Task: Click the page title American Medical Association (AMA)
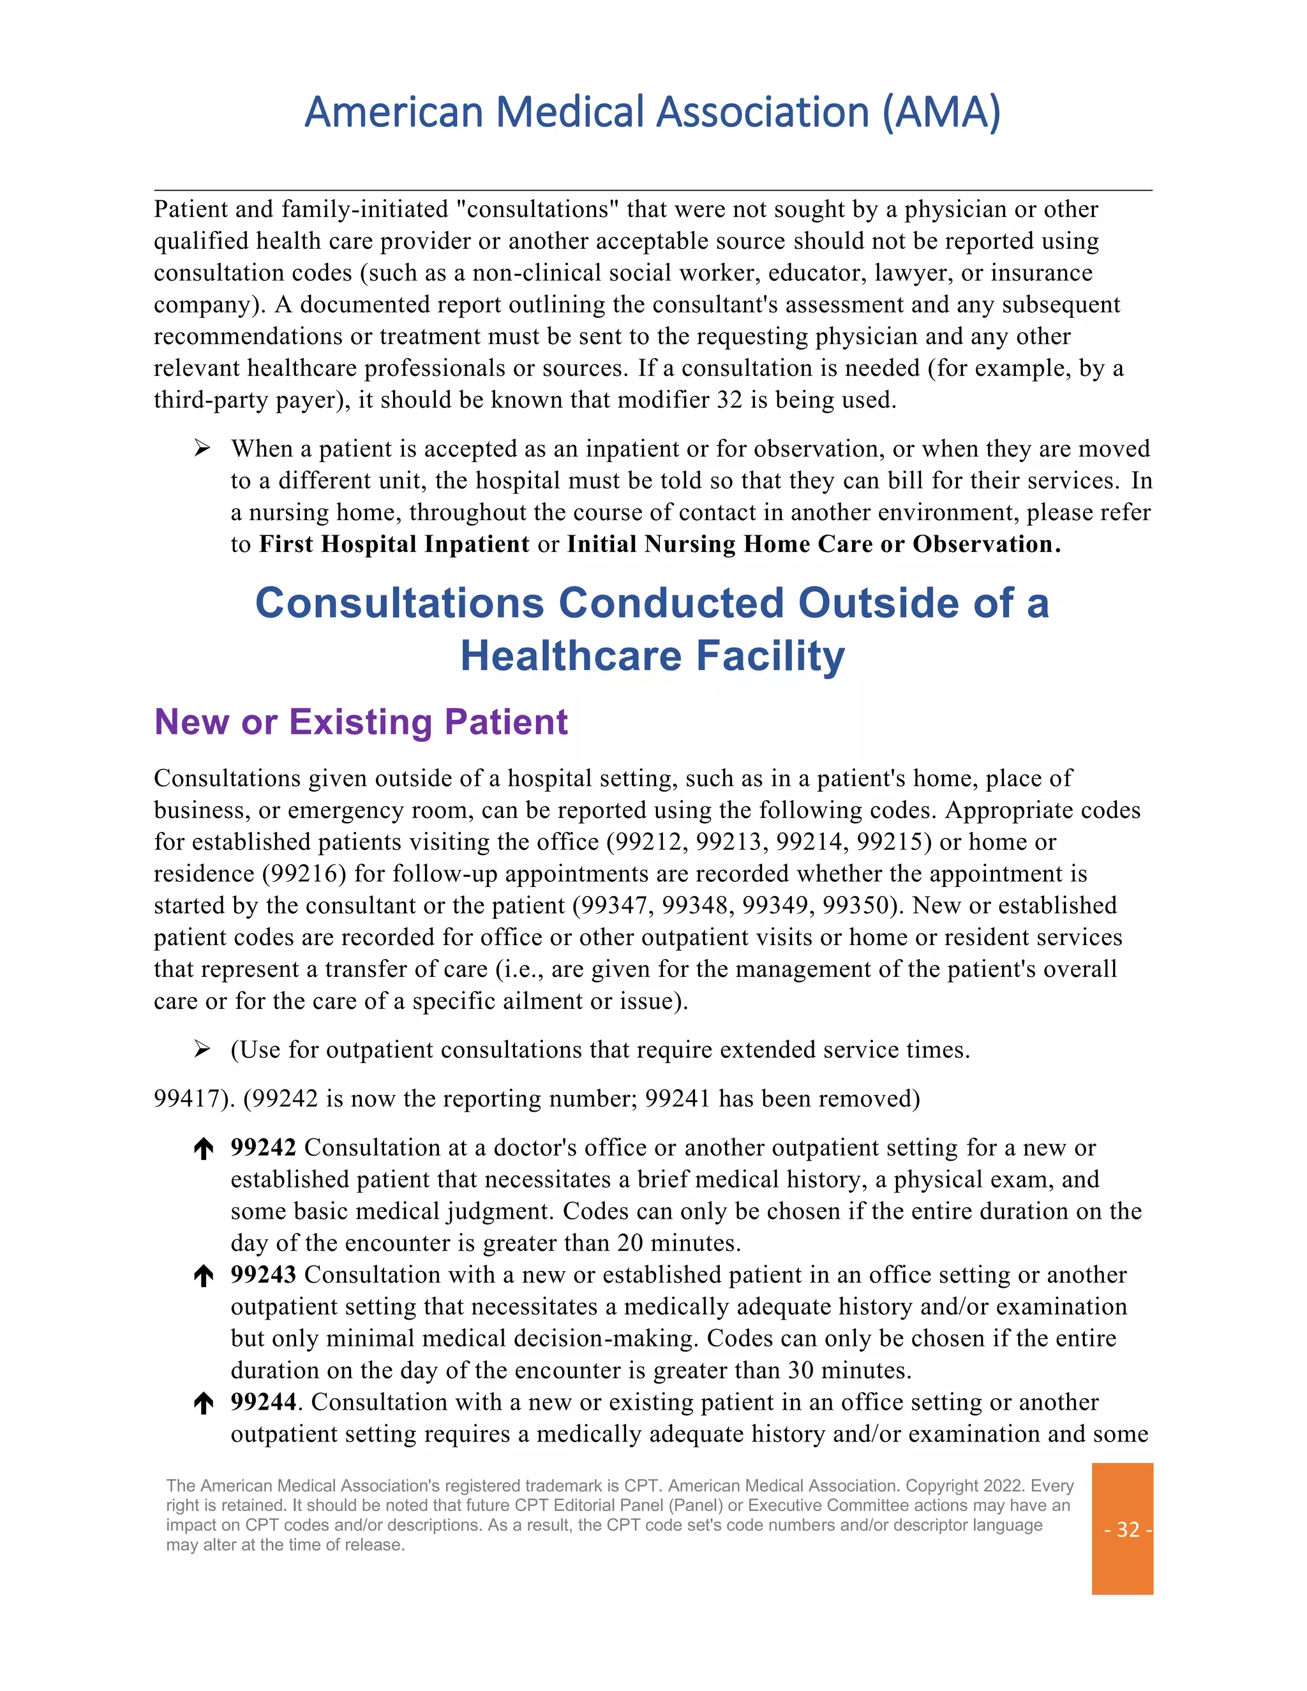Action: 653,112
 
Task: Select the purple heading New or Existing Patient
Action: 361,722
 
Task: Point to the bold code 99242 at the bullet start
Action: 264,1147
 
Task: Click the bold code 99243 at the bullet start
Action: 264,1274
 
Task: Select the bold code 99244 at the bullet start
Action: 264,1402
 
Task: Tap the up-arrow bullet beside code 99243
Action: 204,1276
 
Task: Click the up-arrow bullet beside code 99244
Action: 204,1404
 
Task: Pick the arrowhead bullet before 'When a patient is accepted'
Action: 202,449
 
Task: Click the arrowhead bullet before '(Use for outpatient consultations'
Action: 202,1050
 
